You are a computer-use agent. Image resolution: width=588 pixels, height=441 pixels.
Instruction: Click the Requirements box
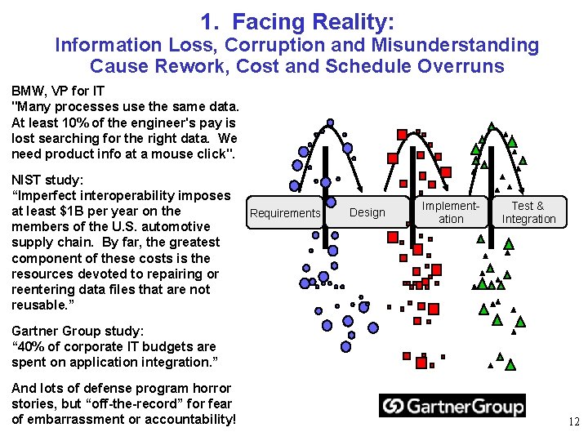(285, 213)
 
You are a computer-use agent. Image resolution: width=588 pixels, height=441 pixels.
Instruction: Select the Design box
(367, 212)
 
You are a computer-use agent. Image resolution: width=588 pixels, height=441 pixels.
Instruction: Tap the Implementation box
(450, 212)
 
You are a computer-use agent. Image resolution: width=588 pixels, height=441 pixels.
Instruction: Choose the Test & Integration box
(528, 212)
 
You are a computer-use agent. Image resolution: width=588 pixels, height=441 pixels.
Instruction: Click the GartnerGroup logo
(452, 406)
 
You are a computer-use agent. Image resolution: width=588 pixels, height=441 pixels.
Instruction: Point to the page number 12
(573, 422)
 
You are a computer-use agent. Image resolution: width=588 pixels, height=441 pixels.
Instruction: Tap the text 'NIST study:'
(47, 180)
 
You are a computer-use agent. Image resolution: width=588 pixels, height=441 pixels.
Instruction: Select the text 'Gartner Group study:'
(78, 331)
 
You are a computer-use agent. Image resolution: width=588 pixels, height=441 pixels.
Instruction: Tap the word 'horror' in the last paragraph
(214, 388)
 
